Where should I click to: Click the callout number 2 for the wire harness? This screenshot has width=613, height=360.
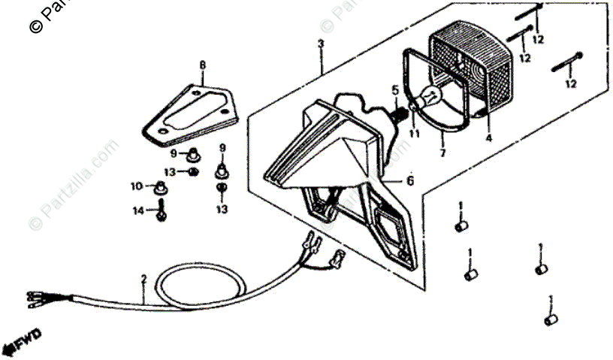(144, 280)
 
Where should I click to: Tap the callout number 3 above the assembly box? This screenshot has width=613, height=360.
(320, 44)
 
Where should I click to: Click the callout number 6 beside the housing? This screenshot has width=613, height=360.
(410, 180)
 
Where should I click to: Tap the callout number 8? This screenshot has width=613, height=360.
(202, 65)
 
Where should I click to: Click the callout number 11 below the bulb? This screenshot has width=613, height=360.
(412, 134)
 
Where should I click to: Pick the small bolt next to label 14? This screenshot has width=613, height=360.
(161, 213)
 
